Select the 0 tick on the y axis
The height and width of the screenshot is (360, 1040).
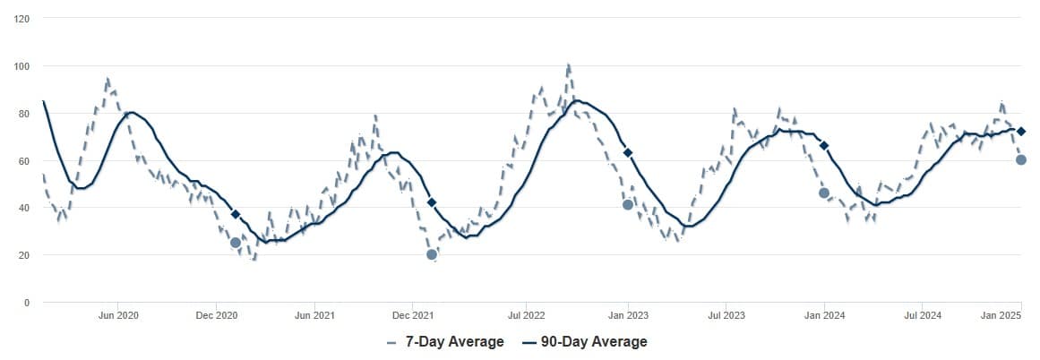tap(27, 303)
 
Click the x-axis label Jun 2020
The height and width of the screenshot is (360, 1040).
tap(118, 315)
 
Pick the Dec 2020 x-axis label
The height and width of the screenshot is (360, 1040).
tap(216, 315)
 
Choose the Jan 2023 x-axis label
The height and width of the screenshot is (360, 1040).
tap(628, 315)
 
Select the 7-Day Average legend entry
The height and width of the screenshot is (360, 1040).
tap(445, 342)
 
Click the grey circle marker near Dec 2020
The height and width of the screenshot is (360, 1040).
tap(236, 243)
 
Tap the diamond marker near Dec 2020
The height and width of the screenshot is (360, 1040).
tap(236, 214)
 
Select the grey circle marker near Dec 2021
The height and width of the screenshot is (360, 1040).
tap(432, 254)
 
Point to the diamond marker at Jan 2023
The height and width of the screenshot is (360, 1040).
tap(628, 153)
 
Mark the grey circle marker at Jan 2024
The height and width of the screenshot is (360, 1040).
tap(824, 193)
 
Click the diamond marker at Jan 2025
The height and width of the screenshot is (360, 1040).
tap(1020, 132)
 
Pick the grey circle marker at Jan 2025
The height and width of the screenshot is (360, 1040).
tap(1020, 159)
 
